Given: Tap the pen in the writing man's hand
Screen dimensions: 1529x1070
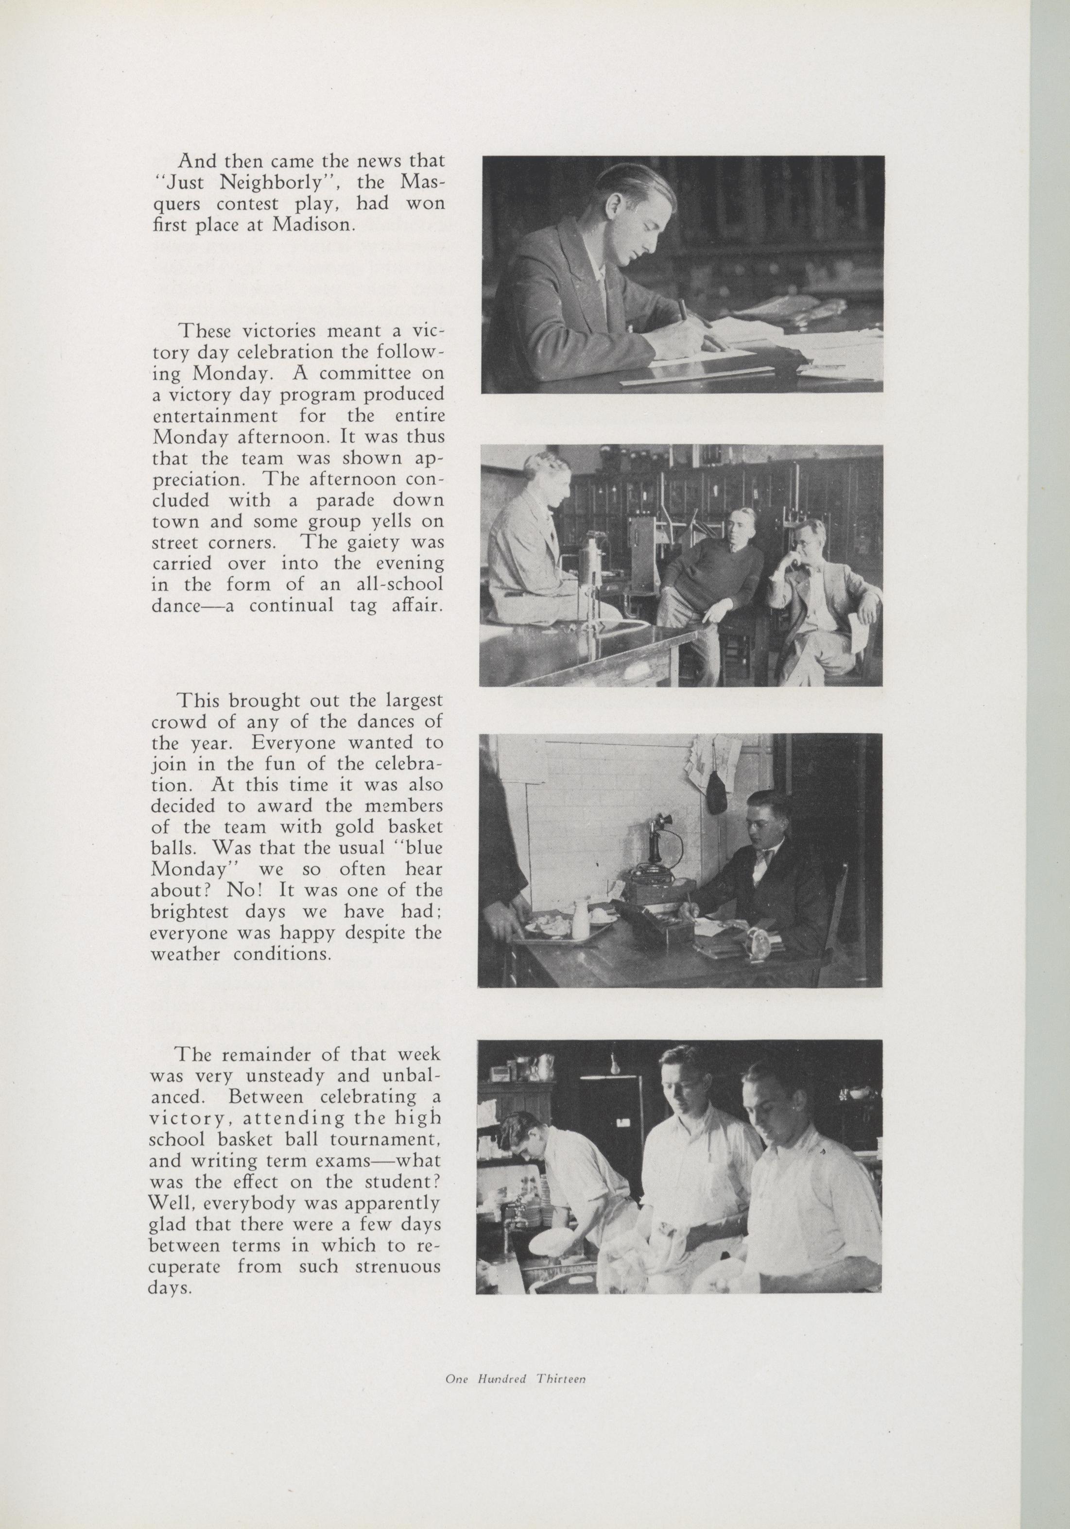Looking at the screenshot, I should [x=683, y=311].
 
